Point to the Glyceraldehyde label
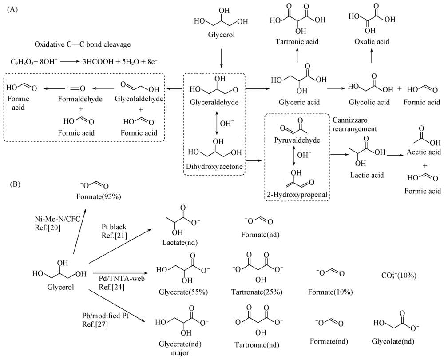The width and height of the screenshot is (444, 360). (215, 102)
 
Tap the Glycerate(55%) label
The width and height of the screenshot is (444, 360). (177, 292)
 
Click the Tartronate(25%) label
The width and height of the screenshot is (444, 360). (258, 292)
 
